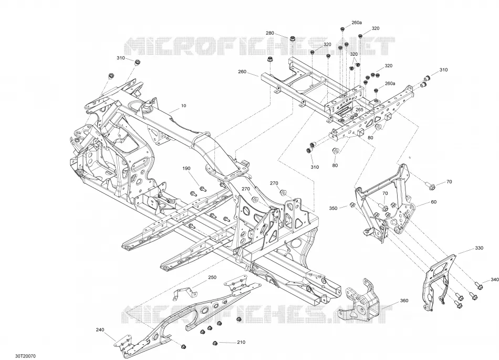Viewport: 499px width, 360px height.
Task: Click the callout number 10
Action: [184, 106]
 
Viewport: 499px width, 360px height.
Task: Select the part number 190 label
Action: [186, 168]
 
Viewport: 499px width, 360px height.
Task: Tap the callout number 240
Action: [100, 330]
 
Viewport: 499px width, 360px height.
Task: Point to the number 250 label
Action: [212, 277]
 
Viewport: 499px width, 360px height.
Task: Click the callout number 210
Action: [241, 342]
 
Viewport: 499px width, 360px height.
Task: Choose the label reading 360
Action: [404, 301]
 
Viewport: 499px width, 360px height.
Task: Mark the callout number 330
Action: [479, 248]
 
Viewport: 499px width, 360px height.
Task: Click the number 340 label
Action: [495, 280]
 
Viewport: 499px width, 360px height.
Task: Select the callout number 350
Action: [333, 209]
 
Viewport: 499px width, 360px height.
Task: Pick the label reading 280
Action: [270, 33]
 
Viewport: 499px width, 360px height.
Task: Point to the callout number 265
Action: [359, 109]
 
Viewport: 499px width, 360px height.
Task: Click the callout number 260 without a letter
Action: [242, 71]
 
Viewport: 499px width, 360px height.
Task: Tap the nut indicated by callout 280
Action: [292, 39]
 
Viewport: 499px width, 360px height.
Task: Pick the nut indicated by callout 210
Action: [215, 343]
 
